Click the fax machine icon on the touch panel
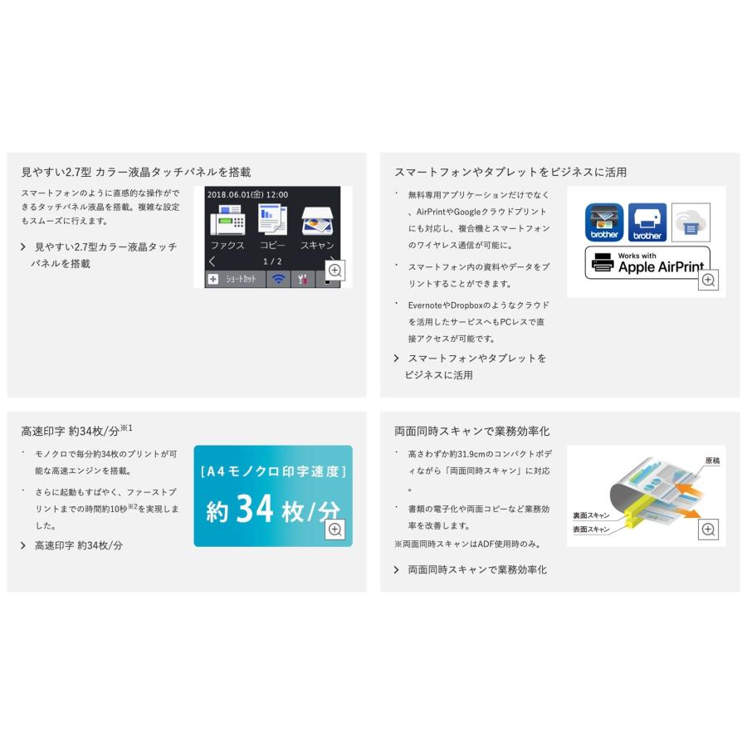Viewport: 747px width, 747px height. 227,222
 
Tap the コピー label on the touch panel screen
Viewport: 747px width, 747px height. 271,246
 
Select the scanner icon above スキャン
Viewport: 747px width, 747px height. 316,222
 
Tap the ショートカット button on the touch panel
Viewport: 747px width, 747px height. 235,280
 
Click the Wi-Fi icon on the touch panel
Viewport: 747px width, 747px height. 278,280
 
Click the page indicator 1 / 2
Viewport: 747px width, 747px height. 272,261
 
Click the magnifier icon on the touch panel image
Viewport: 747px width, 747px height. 335,270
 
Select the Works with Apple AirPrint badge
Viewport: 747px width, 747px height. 647,262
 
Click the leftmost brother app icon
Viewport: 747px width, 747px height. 604,222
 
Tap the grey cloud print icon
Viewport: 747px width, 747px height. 691,222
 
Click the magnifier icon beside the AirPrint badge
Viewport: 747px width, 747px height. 708,281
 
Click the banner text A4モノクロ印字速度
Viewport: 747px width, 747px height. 273,471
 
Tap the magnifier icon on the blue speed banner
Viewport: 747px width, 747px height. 335,530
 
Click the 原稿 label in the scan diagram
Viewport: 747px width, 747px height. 711,461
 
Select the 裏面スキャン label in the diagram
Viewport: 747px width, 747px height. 590,515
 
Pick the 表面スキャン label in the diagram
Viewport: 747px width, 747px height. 590,529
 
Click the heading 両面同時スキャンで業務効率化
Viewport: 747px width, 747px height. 471,431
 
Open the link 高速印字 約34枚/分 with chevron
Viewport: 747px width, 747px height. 78,545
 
